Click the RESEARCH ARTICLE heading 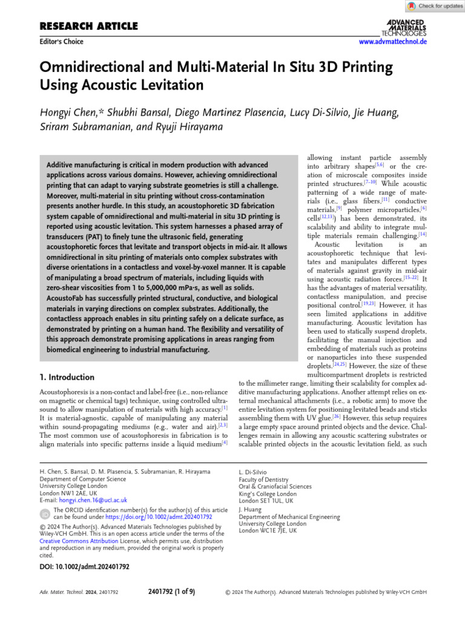(x=88, y=26)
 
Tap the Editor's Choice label (x=61, y=42)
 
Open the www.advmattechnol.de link (x=393, y=42)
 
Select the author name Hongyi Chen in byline (x=71, y=113)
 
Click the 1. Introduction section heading (x=67, y=377)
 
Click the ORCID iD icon (x=45, y=514)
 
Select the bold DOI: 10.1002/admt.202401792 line (x=84, y=567)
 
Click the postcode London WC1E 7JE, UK (x=268, y=530)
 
